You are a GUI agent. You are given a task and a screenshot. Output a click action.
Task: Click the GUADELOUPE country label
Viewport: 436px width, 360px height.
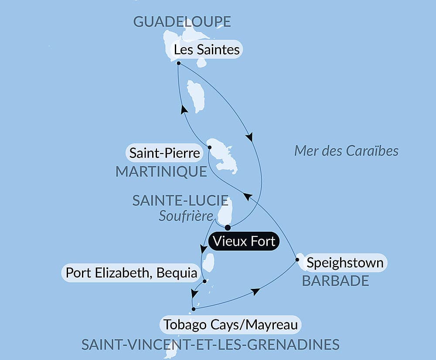(182, 21)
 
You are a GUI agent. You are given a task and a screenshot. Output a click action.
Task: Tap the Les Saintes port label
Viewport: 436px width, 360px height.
(207, 49)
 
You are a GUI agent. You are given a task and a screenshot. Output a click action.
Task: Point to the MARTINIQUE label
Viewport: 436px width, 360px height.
(161, 171)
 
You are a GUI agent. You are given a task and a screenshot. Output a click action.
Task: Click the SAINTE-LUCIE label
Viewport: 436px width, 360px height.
(180, 201)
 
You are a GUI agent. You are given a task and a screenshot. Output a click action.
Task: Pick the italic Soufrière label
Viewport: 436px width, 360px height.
(186, 216)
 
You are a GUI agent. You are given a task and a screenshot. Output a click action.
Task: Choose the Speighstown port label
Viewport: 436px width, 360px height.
(345, 263)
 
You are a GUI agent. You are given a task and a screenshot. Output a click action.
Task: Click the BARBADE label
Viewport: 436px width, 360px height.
(335, 281)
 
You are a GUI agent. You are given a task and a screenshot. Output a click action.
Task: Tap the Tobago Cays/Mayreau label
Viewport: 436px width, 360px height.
(231, 325)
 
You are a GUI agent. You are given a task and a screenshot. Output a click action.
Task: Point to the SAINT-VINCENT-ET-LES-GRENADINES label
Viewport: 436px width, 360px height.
(210, 344)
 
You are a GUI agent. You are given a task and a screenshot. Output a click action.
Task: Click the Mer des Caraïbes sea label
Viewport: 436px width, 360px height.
(346, 151)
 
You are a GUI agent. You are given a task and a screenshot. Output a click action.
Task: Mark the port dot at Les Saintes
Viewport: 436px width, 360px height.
(179, 63)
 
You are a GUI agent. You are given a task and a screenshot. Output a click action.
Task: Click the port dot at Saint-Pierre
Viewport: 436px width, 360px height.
(209, 147)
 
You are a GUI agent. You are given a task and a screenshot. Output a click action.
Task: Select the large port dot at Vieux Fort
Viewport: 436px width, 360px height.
(228, 227)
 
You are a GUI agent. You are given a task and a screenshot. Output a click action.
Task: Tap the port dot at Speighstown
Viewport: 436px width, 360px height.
(297, 260)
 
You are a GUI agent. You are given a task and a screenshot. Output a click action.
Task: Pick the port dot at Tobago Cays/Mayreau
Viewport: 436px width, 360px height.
(194, 309)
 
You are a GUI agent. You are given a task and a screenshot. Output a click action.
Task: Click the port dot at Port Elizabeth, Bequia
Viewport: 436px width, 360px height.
(204, 281)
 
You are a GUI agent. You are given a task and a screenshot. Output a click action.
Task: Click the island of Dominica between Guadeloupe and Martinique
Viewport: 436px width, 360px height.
(196, 96)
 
